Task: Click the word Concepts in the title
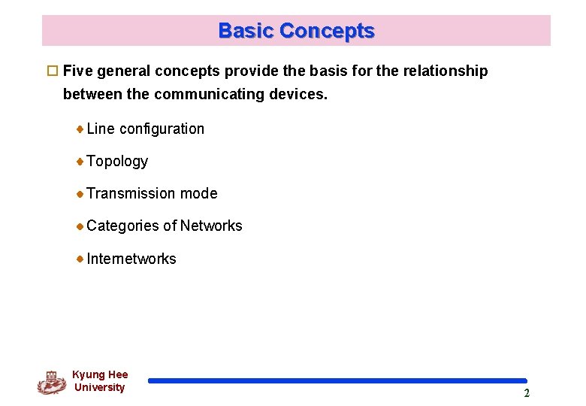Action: click(326, 31)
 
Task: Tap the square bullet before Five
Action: click(52, 71)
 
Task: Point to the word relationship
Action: click(446, 71)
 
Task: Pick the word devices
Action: click(301, 95)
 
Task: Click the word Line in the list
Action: click(101, 129)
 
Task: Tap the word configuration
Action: click(162, 129)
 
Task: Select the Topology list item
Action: click(117, 162)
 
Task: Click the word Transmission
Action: click(131, 193)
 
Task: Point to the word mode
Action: click(199, 193)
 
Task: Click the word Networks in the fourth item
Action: click(211, 226)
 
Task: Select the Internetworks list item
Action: click(131, 259)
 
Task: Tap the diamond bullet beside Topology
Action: click(80, 161)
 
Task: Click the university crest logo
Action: click(51, 382)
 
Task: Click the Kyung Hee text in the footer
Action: click(100, 374)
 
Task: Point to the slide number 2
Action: click(527, 393)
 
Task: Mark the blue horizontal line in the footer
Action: click(337, 381)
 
